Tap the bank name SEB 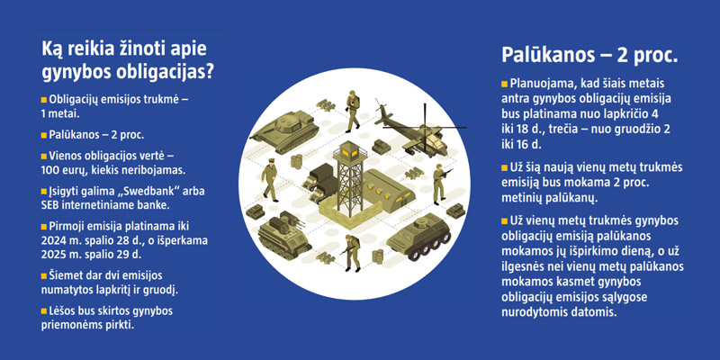pos(49,205)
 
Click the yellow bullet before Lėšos pos(44,311)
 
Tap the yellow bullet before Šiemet pos(44,276)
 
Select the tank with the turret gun pos(284,130)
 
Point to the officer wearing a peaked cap pos(271,180)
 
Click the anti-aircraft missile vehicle pos(283,235)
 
